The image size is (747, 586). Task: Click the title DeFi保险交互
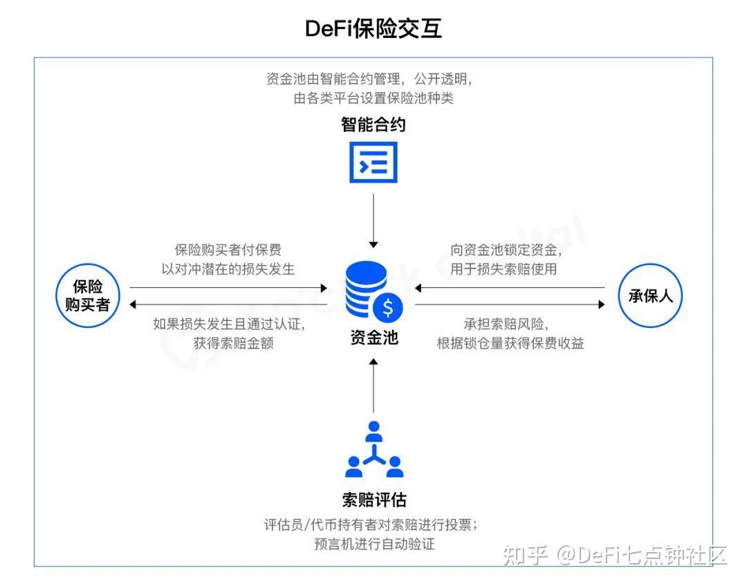[373, 29]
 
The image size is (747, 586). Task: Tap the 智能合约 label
[373, 125]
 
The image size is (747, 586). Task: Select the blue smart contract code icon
[373, 163]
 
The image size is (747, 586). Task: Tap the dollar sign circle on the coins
[387, 306]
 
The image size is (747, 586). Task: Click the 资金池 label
[373, 338]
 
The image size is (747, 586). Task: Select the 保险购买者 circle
[88, 296]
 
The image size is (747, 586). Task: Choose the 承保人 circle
[650, 296]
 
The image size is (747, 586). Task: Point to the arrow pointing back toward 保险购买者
[228, 304]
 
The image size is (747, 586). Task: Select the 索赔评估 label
[373, 500]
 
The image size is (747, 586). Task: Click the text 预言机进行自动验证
[373, 544]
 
